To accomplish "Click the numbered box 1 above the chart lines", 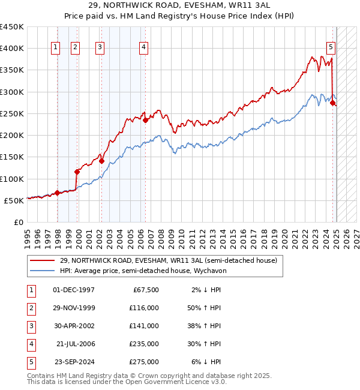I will point(55,48).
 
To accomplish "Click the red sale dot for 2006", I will point(146,120).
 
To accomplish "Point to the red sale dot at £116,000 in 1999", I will point(77,172).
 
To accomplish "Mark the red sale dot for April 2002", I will point(101,161).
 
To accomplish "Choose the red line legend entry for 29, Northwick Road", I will point(168,260).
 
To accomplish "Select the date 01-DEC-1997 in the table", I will point(74,290).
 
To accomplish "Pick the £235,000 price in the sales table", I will point(145,344).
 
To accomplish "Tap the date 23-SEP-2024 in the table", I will point(74,362).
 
